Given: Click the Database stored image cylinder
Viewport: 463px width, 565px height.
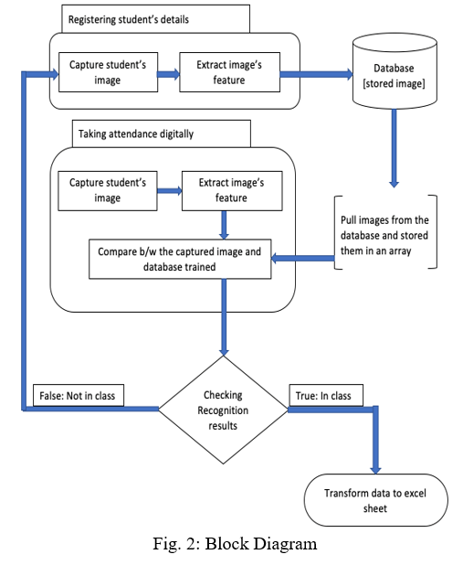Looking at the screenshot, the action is (x=395, y=71).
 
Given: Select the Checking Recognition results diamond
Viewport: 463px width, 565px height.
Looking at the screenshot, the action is (x=223, y=410).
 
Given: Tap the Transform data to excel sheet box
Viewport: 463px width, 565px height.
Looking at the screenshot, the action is (x=376, y=500).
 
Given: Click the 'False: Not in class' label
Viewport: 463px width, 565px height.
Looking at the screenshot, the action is (x=79, y=396).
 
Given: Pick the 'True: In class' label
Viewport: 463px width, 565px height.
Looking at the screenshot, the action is (x=326, y=396).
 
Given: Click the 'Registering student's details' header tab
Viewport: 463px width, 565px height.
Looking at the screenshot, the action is (x=155, y=18).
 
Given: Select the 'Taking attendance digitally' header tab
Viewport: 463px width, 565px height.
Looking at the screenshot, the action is (x=162, y=133).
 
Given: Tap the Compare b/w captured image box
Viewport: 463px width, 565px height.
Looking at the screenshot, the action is (x=180, y=259).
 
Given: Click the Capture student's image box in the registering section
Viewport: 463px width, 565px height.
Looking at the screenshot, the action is (x=108, y=72).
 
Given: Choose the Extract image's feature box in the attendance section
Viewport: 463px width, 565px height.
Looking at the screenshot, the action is (x=232, y=190).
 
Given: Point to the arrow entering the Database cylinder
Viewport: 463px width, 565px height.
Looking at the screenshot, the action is (x=317, y=74).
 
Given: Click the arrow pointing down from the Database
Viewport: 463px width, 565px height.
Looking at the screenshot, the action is (x=395, y=148).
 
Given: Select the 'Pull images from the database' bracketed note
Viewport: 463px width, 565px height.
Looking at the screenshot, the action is (x=385, y=232).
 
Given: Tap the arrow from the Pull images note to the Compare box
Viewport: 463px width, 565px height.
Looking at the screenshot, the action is (x=303, y=258).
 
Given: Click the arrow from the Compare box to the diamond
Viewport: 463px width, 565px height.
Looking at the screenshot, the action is (x=224, y=317).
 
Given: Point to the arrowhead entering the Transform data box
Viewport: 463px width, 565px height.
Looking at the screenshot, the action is (x=375, y=470).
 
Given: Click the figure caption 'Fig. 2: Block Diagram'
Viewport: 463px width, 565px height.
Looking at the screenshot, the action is (x=235, y=543).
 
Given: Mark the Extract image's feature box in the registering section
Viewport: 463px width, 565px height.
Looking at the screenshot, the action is (x=230, y=72).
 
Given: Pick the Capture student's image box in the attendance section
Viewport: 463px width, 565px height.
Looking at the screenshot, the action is (x=108, y=190).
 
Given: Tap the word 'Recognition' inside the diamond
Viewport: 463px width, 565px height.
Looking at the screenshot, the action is (x=223, y=410).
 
